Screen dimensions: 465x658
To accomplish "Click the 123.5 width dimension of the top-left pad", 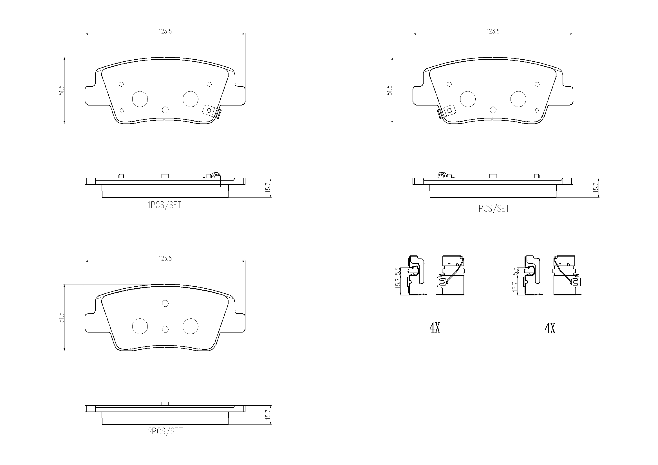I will pyautogui.click(x=165, y=31).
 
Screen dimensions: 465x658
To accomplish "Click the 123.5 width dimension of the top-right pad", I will pyautogui.click(x=493, y=31).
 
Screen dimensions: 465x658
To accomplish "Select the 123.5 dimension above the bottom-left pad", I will pyautogui.click(x=165, y=259).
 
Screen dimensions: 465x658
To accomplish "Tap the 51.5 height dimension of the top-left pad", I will pyautogui.click(x=61, y=90).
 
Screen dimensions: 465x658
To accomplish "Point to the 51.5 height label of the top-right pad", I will pyautogui.click(x=389, y=90).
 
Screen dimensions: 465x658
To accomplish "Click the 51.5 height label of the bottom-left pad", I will pyautogui.click(x=61, y=317).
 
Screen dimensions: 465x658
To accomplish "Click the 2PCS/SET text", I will pyautogui.click(x=165, y=431).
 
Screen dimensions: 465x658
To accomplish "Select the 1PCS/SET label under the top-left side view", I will pyautogui.click(x=164, y=205).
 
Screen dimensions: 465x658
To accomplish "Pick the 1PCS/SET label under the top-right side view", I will pyautogui.click(x=492, y=208).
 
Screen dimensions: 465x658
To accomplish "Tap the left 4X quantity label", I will pyautogui.click(x=435, y=328).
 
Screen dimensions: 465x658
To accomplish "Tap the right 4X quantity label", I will pyautogui.click(x=550, y=329).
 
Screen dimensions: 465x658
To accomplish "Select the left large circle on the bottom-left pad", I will pyautogui.click(x=140, y=326).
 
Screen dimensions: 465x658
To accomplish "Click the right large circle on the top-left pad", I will pyautogui.click(x=190, y=99).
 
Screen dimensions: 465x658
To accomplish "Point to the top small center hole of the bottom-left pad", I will pyautogui.click(x=165, y=304).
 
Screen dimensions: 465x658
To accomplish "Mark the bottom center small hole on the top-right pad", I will pyautogui.click(x=493, y=110).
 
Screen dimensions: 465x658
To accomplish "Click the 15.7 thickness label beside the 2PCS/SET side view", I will pyautogui.click(x=268, y=415).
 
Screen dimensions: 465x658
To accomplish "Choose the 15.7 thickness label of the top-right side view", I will pyautogui.click(x=596, y=188).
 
